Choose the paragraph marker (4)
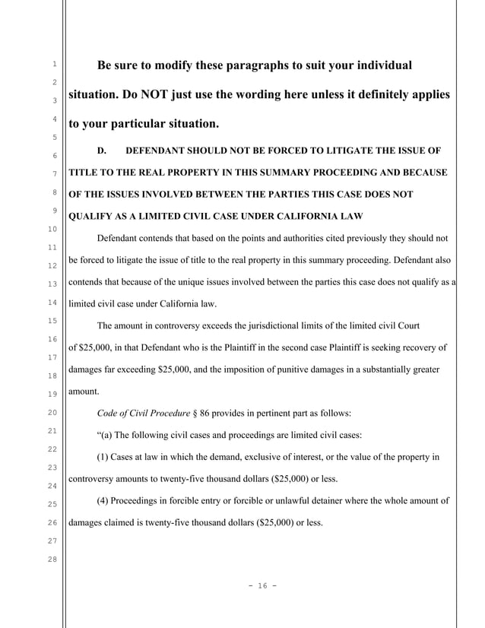[x=106, y=501]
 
